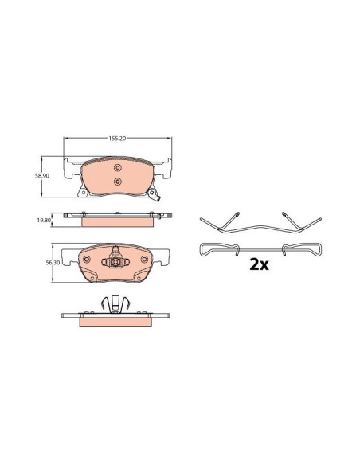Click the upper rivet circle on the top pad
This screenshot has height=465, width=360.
point(117,168)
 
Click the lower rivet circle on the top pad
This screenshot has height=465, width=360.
point(117,182)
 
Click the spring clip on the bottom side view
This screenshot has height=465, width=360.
point(116,303)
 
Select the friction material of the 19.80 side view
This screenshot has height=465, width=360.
point(116,221)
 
